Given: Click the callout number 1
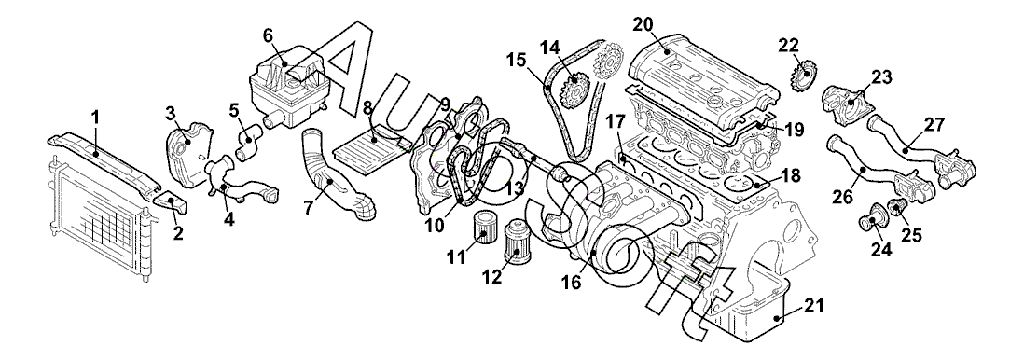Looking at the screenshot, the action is (95, 118).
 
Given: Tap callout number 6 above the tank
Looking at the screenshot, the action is (268, 36).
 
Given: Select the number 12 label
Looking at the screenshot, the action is (491, 277).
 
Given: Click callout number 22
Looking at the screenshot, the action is (789, 46).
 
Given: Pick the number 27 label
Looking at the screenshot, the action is (933, 125).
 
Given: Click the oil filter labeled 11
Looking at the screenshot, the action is (481, 227).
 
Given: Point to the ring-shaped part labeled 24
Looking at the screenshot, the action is (869, 221).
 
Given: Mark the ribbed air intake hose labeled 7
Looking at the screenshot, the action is (336, 179).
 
